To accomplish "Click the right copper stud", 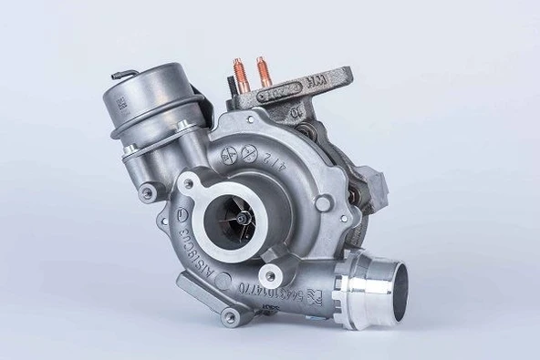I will point(265,69).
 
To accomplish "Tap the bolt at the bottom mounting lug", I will point(230,316).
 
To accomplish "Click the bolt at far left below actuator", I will point(146,194).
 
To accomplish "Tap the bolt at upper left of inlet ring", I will point(188,184).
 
